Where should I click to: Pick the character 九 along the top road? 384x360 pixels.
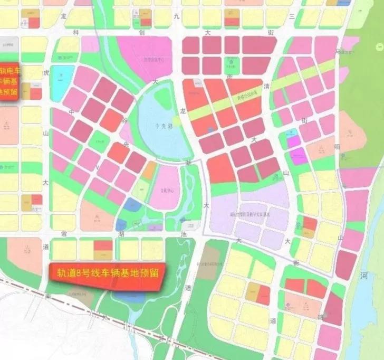point(176,17)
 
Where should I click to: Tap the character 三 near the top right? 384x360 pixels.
point(291,17)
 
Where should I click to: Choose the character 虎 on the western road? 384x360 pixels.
point(46,72)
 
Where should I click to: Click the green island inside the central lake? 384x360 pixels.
point(162,98)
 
